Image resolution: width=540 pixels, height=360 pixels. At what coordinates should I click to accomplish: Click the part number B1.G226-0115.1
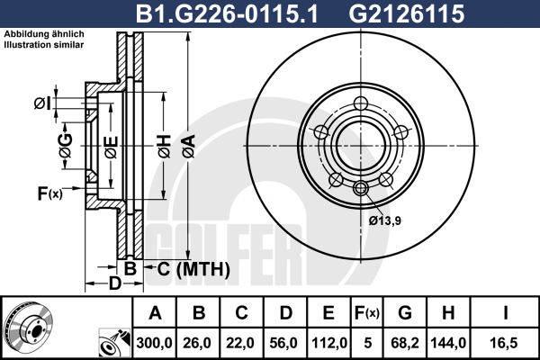227,13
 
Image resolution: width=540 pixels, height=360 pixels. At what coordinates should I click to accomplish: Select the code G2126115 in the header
407,13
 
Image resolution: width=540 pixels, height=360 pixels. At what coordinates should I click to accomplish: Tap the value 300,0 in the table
154,343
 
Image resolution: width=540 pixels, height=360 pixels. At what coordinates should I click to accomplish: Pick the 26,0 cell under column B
198,343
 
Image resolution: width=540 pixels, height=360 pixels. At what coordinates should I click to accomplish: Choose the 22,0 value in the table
241,343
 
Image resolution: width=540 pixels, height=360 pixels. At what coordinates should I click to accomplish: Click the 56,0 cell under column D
284,343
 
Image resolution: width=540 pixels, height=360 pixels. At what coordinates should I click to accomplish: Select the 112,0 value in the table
328,343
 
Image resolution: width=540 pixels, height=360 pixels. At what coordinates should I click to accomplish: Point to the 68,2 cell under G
405,343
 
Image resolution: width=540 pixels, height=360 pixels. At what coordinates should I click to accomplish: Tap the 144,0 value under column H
448,343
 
